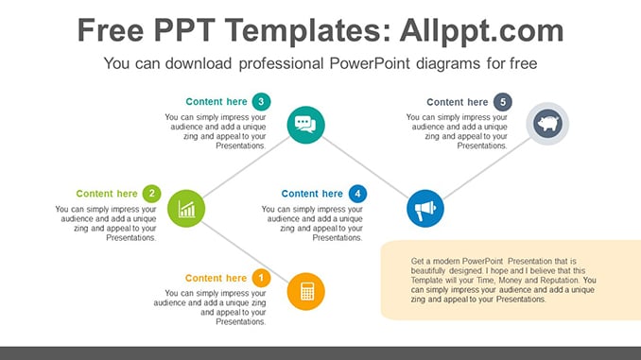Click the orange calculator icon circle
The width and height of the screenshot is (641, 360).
305,291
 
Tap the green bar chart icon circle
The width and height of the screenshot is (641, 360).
186,209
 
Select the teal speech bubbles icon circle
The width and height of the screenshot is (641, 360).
305,125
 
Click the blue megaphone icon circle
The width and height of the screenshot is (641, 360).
425,209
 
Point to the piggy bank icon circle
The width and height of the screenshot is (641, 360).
547,124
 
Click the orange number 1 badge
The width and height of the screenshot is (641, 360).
261,279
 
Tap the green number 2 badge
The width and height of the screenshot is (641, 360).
151,194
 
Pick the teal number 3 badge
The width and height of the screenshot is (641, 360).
261,101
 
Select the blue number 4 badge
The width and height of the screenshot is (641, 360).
357,194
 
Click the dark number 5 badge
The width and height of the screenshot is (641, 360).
503,102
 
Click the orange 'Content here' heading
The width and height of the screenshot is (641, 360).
216,279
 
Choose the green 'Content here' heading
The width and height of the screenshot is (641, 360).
107,194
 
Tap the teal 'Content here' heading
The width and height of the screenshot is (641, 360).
217,102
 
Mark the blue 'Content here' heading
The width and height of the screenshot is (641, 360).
312,194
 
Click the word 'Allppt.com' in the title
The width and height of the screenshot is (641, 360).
481,31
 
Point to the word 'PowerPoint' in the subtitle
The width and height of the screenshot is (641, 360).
370,63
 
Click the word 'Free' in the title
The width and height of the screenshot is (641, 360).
111,30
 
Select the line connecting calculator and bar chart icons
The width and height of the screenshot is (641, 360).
245,252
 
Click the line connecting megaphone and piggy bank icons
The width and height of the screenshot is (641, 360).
487,168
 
